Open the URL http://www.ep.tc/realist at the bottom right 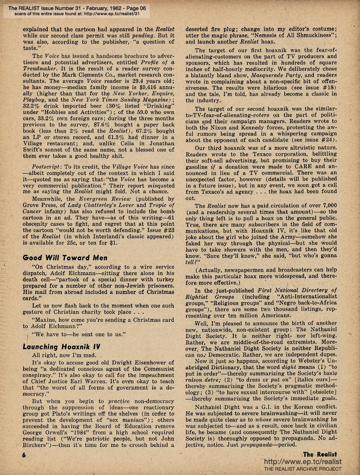pyautogui.click(x=303, y=462)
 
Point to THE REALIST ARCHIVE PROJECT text pyautogui.click(x=303, y=469)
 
